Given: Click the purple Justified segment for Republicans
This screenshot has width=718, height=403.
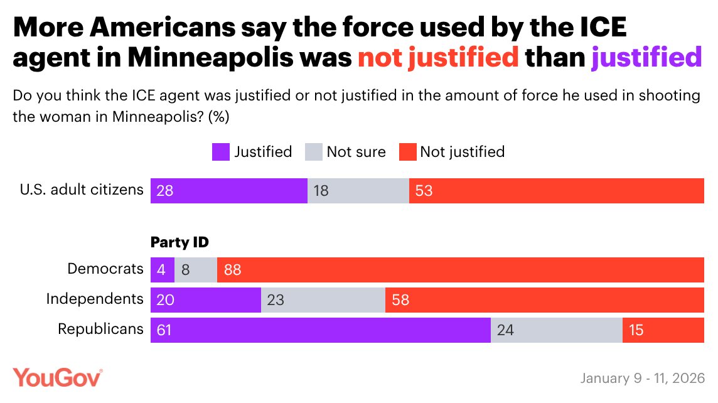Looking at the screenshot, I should pos(320,330).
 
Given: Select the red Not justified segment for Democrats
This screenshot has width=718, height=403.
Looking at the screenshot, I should pos(460,270).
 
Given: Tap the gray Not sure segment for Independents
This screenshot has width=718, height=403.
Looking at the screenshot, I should pos(323,300).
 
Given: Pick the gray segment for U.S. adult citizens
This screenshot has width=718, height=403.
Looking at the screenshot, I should pos(358,191).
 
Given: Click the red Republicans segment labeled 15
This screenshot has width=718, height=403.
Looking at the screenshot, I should pos(663,330).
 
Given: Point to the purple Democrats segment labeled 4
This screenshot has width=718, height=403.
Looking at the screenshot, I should pos(162,270).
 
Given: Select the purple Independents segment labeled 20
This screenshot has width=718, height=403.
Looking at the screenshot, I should pos(205,300).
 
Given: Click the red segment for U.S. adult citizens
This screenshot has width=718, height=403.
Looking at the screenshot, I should pos(556,191).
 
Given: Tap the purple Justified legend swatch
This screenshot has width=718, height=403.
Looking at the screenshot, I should pos(221,152).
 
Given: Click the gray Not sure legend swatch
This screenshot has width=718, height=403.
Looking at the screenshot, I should pos(313,152).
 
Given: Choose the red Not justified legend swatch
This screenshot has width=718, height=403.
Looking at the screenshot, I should pos(407,152).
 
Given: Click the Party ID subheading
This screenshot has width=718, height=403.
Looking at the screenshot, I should pos(179,242).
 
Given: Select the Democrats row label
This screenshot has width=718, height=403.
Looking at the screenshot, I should pos(105,269).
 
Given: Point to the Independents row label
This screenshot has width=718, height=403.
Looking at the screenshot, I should pos(95,299).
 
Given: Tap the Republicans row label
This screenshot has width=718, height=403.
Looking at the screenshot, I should pos(100,330).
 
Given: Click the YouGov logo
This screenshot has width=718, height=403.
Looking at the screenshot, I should pos(58,378).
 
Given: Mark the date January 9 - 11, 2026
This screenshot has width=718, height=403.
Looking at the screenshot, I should pos(643,379).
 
